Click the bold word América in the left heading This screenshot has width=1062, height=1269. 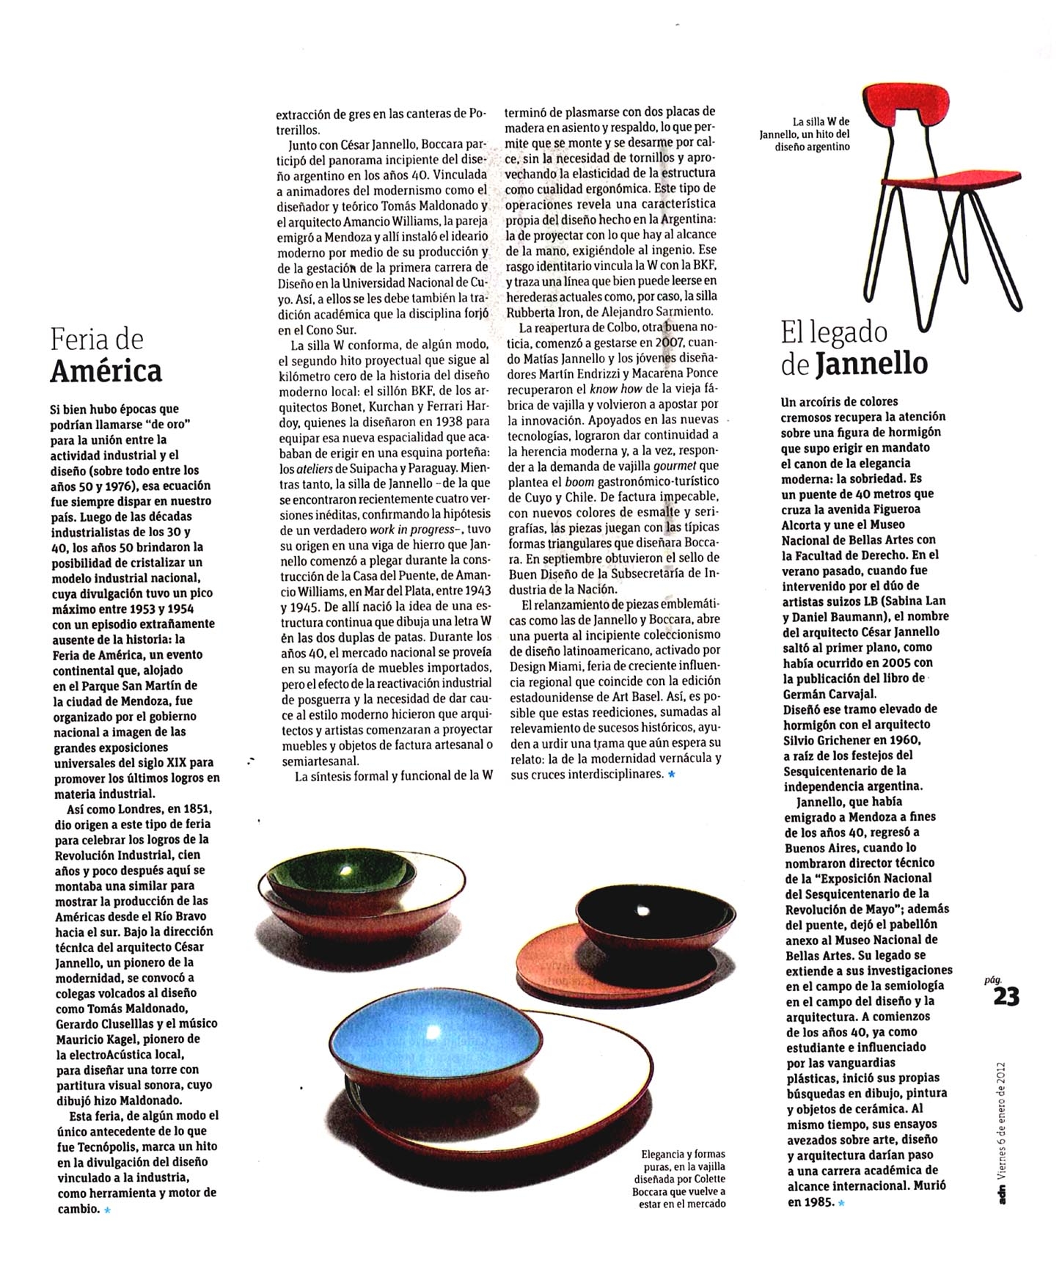click(106, 370)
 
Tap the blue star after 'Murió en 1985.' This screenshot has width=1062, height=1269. click(841, 1203)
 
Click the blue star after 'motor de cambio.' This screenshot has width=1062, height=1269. click(107, 1210)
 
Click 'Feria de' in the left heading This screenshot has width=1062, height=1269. click(97, 340)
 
